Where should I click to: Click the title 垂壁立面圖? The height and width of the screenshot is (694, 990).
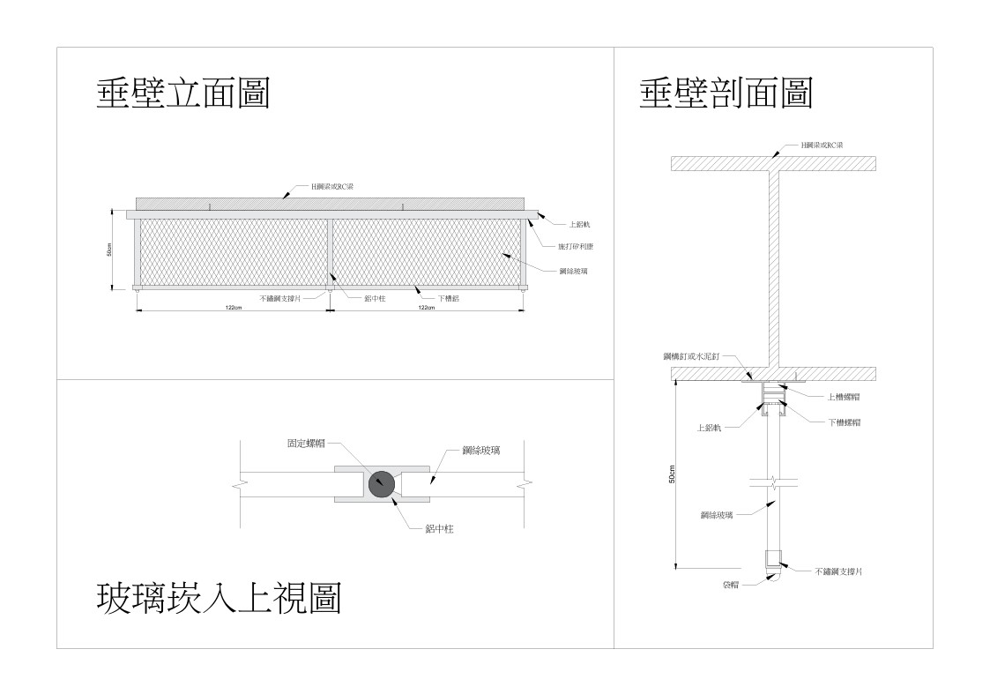point(182,93)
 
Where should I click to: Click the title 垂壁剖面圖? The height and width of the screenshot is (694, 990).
point(726,93)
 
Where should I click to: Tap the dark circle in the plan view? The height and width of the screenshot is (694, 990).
point(382,483)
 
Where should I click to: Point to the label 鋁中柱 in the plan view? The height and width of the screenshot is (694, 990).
point(439,528)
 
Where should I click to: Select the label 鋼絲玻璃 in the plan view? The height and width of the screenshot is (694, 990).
point(480,451)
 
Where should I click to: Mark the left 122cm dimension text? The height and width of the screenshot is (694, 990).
point(234,308)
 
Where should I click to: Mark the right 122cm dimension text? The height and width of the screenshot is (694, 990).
point(426,308)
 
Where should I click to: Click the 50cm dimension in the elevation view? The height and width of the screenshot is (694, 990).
point(109,250)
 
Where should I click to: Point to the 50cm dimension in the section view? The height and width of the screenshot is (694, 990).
point(672,474)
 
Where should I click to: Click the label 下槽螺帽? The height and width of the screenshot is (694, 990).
point(844,422)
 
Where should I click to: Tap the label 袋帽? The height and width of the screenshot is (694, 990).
point(730,585)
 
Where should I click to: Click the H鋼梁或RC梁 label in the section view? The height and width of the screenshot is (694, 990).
point(822,144)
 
